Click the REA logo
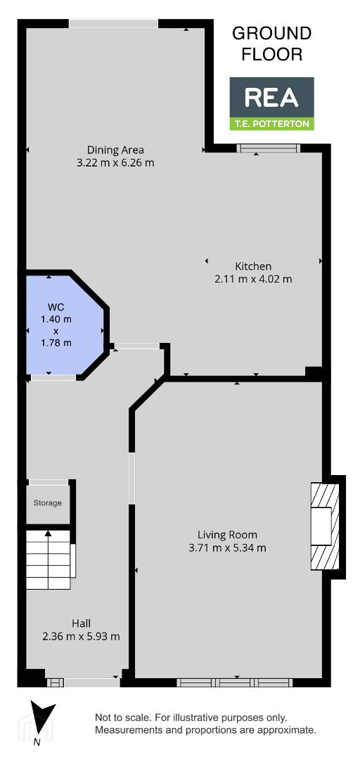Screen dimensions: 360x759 [271, 103]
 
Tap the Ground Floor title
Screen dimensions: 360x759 [271, 44]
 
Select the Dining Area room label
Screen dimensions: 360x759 [115, 150]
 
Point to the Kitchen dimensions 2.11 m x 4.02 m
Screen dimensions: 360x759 [253, 279]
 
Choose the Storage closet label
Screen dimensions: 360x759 [48, 502]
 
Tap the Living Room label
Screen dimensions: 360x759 [227, 535]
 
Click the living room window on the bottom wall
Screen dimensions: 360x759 [235, 682]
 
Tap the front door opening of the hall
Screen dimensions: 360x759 [91, 682]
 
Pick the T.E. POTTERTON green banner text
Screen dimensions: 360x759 [271, 124]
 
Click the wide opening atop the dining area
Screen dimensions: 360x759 [114, 23]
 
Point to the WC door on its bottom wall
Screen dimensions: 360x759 [53, 377]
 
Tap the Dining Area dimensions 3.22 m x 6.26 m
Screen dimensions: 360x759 [115, 162]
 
